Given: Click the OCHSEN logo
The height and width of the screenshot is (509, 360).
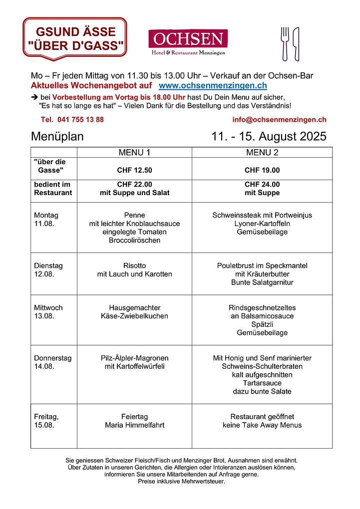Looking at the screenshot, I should point(188,42).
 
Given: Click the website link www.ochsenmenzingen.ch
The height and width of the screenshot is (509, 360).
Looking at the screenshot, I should point(213,86).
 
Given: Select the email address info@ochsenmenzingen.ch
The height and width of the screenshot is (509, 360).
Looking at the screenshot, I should point(279,120).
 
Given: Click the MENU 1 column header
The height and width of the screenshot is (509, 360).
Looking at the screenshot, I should point(134,152).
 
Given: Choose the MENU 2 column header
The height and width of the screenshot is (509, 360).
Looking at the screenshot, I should point(262,152).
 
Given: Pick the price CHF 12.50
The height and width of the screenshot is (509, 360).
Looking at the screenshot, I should point(134,170).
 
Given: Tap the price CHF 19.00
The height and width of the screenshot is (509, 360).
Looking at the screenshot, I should point(262,170).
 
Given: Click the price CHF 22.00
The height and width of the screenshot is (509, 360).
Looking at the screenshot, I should point(134,184).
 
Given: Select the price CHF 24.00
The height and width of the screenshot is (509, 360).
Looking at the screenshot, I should point(262,184).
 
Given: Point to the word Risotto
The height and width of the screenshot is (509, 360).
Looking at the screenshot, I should point(134,265).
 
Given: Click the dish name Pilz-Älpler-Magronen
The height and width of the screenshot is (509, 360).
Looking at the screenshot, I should point(134,358).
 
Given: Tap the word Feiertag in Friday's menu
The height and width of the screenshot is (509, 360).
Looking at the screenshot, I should point(134,417).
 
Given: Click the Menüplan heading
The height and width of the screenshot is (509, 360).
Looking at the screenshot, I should point(57,136).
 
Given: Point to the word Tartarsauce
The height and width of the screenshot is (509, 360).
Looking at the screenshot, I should point(262,383).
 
